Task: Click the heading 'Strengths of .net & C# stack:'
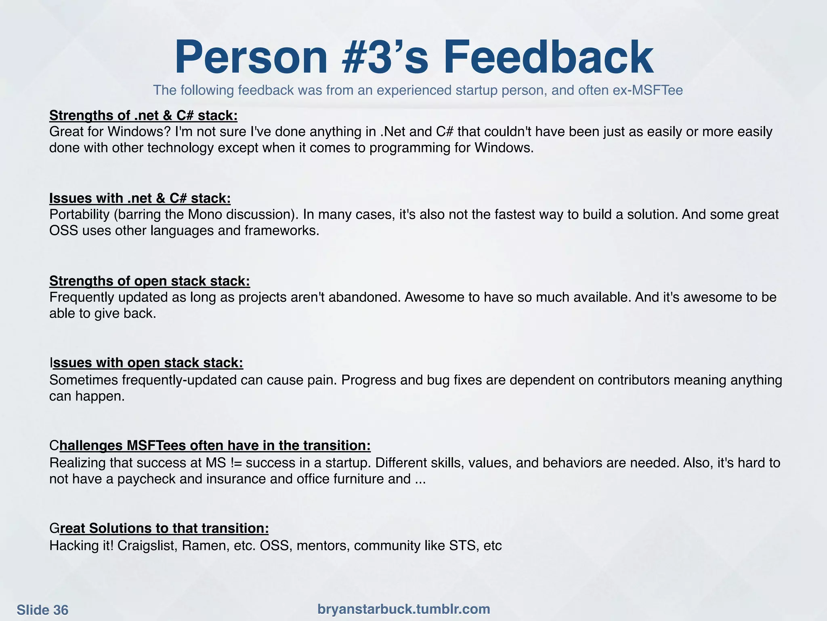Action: (x=143, y=116)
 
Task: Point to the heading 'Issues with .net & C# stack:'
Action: (x=140, y=198)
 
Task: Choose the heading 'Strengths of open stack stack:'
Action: (x=149, y=281)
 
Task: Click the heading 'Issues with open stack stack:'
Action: (x=146, y=363)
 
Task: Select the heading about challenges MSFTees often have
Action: (x=210, y=446)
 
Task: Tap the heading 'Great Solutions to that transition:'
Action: (x=159, y=528)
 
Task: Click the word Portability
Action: (x=80, y=214)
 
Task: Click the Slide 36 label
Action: (x=42, y=610)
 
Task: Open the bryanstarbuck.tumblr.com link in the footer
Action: (x=403, y=609)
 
